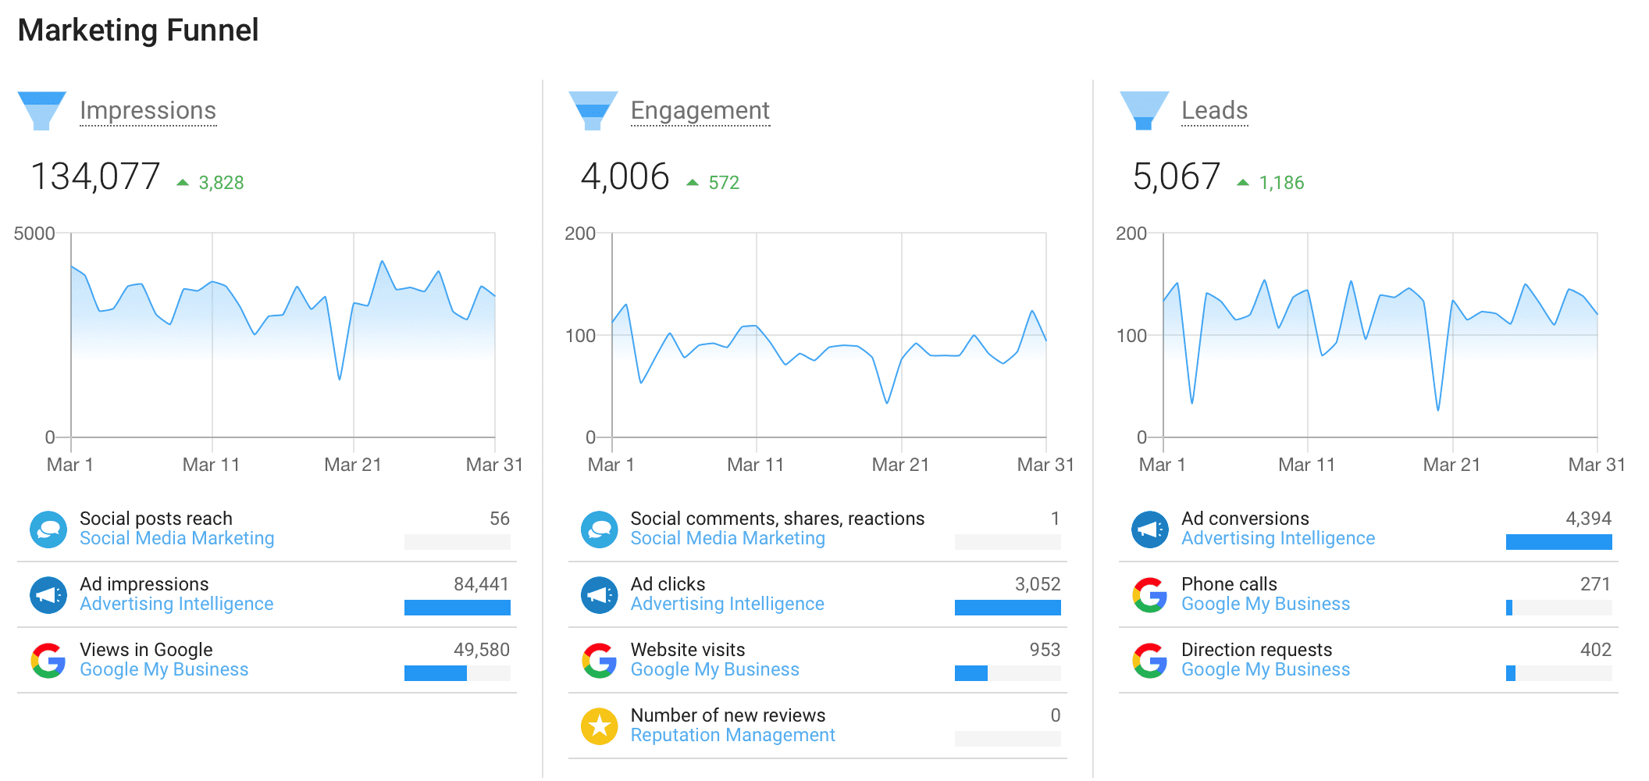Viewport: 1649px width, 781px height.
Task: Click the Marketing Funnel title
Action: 137,30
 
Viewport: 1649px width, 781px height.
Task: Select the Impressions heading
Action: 148,111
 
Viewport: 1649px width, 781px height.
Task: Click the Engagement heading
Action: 700,111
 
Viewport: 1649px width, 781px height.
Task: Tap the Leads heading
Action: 1214,111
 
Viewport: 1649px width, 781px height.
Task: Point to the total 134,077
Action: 95,177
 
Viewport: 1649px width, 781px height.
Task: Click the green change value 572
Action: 723,183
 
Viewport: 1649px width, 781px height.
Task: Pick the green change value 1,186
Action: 1281,183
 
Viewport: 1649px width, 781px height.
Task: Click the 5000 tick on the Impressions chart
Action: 34,234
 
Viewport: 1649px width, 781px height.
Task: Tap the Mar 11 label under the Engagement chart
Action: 755,465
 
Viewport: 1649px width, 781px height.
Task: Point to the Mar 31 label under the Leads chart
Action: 1596,465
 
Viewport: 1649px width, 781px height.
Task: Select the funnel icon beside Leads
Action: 1144,110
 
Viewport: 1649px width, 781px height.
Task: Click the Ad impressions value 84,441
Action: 481,584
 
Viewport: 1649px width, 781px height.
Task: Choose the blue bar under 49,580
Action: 436,673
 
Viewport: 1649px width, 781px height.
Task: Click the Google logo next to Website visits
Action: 599,661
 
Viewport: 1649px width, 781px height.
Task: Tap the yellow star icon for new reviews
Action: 599,726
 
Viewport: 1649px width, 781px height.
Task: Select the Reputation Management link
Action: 732,736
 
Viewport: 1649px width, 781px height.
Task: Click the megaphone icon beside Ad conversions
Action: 1149,530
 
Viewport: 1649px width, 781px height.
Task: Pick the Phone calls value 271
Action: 1594,584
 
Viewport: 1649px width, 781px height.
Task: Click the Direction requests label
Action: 1256,650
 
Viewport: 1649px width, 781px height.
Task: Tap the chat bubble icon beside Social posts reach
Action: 48,530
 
